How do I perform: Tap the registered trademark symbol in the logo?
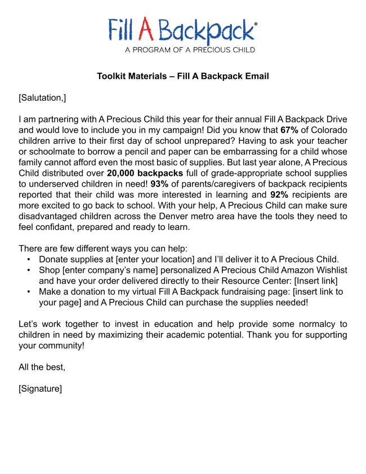tap(256, 24)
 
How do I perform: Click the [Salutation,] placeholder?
tap(42, 98)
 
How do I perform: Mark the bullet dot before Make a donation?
tap(29, 292)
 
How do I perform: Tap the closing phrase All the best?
tap(42, 367)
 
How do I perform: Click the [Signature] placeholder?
tap(40, 388)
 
